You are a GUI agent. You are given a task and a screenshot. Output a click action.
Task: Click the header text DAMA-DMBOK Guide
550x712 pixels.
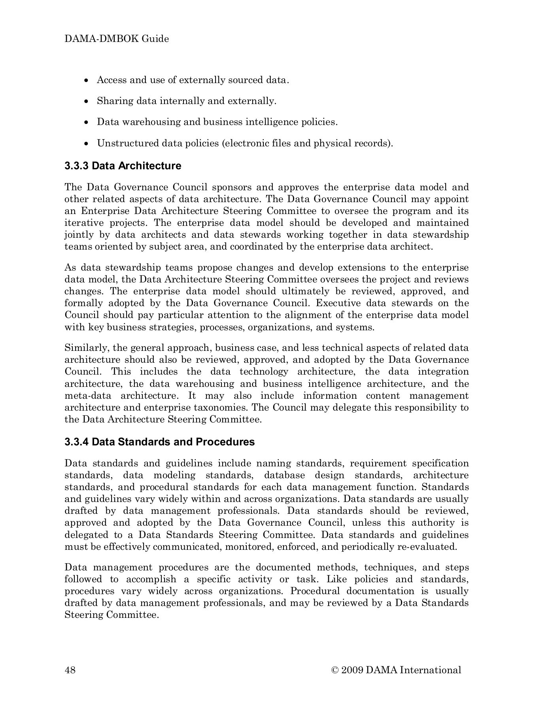(117, 39)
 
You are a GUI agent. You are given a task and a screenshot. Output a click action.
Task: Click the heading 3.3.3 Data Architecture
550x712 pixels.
(123, 166)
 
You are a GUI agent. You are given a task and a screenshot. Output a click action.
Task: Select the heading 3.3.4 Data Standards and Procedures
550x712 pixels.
(159, 442)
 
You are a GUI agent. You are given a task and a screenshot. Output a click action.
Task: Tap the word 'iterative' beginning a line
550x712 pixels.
(80, 223)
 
